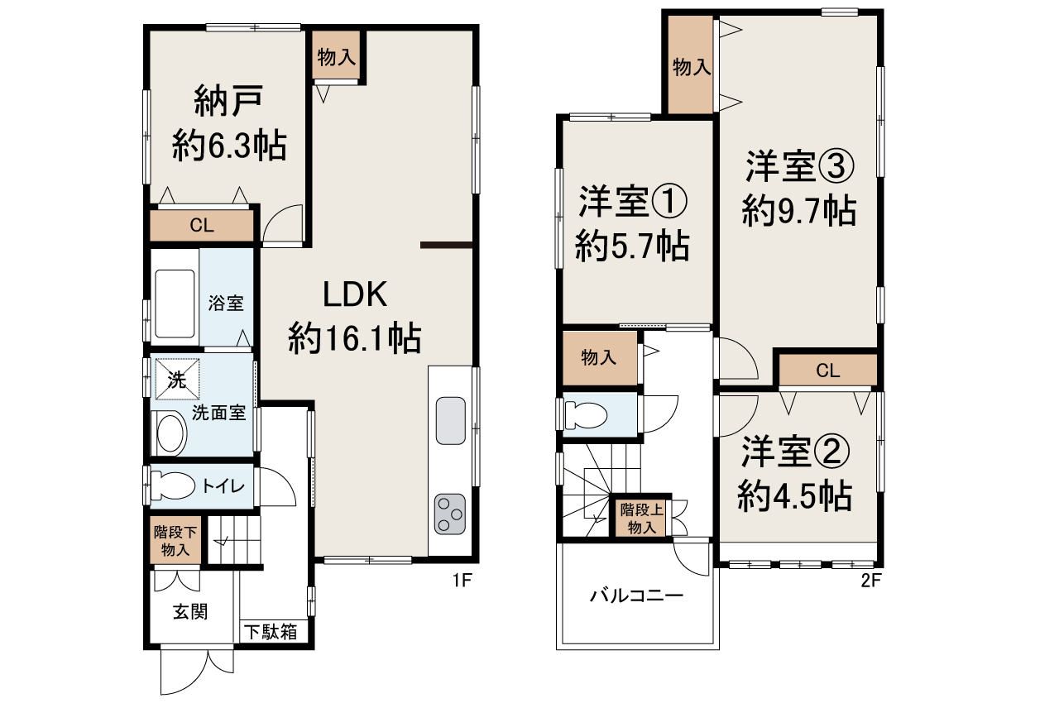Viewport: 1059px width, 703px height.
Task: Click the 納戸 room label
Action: [x=228, y=101]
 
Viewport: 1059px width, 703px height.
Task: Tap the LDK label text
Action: [x=355, y=294]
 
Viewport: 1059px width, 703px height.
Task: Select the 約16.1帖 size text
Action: [x=355, y=337]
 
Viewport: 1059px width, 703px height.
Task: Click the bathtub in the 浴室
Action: [x=175, y=304]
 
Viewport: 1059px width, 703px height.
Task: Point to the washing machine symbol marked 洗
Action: [x=177, y=379]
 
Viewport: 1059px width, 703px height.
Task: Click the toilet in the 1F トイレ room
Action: [x=172, y=485]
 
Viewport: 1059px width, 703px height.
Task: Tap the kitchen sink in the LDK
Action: [x=451, y=420]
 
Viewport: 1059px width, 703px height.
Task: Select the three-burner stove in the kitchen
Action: [x=449, y=514]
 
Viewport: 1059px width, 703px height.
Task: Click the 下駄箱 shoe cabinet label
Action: [x=271, y=632]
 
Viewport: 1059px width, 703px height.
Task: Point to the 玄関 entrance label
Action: [x=190, y=612]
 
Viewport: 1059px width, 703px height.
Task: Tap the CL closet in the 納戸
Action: [x=202, y=225]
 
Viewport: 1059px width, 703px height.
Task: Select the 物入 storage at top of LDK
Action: [x=336, y=57]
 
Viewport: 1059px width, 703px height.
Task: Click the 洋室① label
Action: [x=633, y=202]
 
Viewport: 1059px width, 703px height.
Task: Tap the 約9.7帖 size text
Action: [x=799, y=211]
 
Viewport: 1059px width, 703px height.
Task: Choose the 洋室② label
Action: [x=795, y=452]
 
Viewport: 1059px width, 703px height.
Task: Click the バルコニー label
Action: [x=636, y=595]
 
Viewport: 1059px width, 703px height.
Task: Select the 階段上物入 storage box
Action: [x=641, y=518]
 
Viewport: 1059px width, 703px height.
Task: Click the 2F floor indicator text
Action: [x=871, y=581]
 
